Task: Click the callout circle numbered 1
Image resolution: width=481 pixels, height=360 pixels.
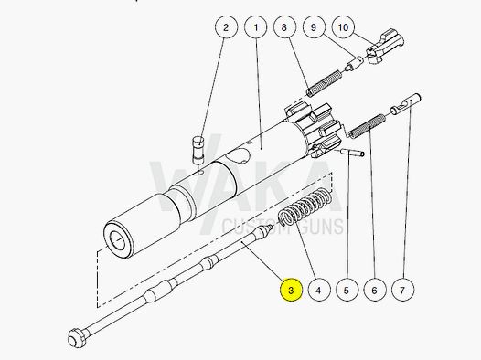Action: point(255,28)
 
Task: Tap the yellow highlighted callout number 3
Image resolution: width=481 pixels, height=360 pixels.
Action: point(290,291)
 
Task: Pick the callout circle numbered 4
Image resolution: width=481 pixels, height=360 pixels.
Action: point(317,291)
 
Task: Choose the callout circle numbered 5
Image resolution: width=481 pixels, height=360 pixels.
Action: point(345,291)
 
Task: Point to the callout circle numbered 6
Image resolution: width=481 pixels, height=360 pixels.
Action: point(372,291)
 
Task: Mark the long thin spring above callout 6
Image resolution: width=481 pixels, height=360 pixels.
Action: point(365,128)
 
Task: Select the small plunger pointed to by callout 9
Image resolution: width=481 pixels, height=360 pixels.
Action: point(349,67)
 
